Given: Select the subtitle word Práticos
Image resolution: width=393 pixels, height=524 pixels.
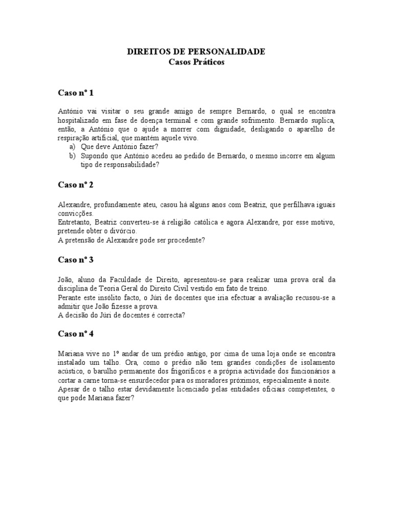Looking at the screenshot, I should (x=209, y=62).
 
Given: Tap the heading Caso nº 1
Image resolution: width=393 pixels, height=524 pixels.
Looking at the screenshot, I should (x=75, y=93).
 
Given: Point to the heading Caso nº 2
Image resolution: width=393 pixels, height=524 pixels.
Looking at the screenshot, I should (x=75, y=185).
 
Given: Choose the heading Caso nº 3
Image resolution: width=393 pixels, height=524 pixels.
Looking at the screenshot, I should (x=75, y=259).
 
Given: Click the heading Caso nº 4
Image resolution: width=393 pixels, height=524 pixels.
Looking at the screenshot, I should (x=75, y=334).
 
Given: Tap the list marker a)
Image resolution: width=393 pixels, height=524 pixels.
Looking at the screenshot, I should (x=72, y=147).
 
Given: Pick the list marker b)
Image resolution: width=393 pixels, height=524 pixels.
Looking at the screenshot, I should (x=72, y=156).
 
